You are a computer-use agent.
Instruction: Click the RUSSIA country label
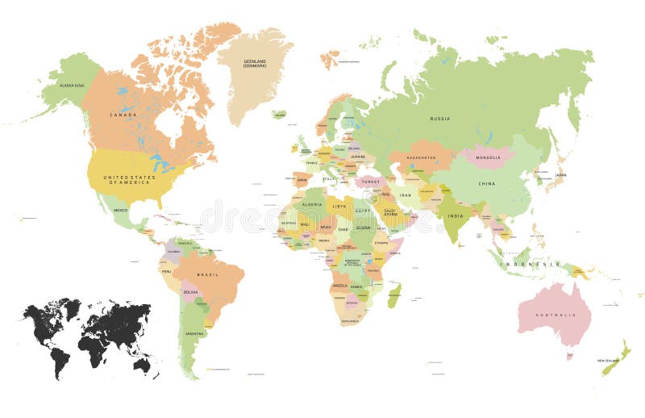pos(439,119)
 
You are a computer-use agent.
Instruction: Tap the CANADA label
pos(123,115)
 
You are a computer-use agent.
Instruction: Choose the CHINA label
pos(487,184)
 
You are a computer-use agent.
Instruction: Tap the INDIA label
pos(456,215)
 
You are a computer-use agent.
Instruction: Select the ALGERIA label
pos(311,205)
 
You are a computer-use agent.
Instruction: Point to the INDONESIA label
pos(529,264)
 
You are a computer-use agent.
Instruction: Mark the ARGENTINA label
pos(194,332)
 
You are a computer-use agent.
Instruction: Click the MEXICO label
pos(120,210)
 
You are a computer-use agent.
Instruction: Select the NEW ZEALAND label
pos(608,360)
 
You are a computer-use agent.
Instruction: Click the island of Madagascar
pos(394,295)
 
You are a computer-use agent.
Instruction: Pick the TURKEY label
pos(370,182)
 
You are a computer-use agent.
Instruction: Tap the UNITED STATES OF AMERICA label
pos(130,181)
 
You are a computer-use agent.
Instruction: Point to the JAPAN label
pos(560,175)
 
